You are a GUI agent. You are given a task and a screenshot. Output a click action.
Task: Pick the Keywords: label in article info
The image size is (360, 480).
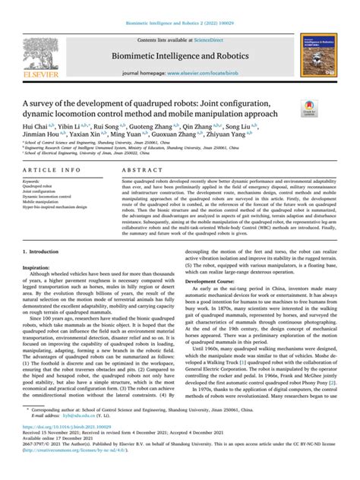36,183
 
